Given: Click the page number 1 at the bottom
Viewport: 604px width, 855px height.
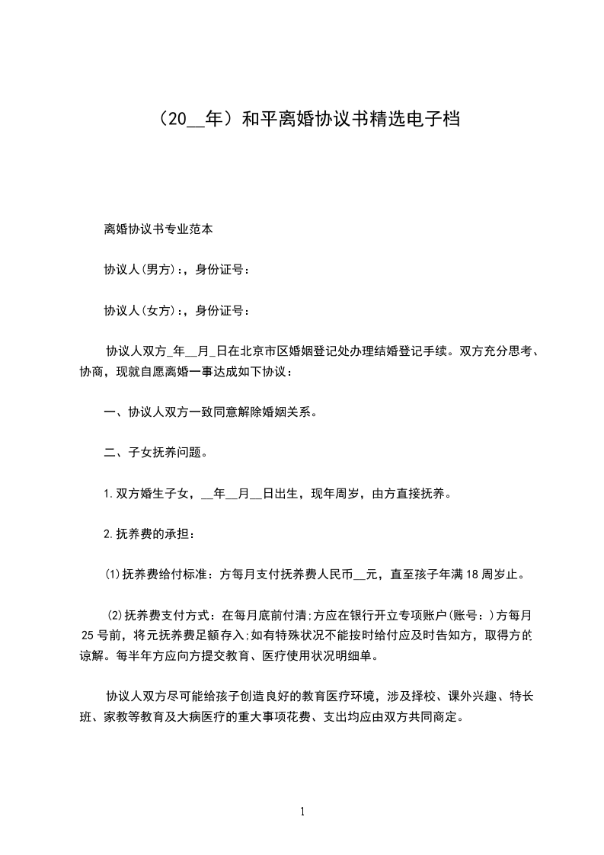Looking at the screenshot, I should (x=302, y=812).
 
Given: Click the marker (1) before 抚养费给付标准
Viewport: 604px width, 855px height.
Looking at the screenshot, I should (x=112, y=574).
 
